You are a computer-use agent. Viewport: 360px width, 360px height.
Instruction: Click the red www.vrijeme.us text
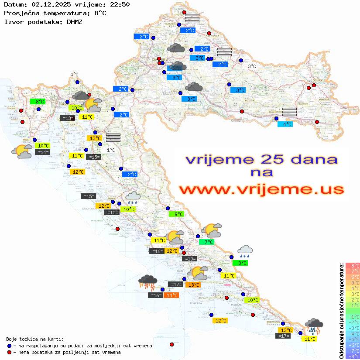(x=261, y=189)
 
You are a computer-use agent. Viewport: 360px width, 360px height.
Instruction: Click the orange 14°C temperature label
(x=171, y=295)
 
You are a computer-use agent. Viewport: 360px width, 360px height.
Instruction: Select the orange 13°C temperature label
(x=193, y=285)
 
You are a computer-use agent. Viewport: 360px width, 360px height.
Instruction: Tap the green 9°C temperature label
(x=178, y=214)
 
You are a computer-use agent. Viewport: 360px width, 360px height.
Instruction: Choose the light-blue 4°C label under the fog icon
(x=286, y=124)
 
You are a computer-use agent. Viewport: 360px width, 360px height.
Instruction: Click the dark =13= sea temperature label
(x=67, y=118)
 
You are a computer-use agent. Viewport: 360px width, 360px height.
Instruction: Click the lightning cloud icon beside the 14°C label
(x=147, y=282)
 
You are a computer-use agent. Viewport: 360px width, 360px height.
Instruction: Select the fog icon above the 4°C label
(x=289, y=111)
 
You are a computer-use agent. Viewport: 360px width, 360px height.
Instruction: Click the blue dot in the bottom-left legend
(x=10, y=346)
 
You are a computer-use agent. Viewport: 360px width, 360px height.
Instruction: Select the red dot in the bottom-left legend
(x=10, y=352)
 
